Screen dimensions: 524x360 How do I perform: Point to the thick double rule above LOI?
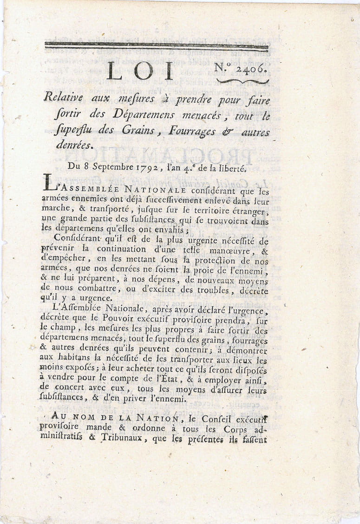click(x=156, y=46)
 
